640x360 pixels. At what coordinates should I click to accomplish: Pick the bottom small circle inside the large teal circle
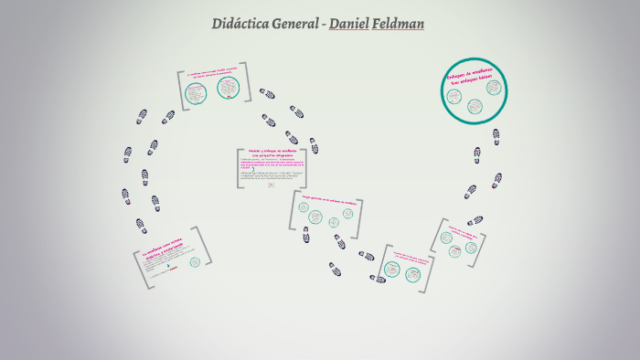[475, 106]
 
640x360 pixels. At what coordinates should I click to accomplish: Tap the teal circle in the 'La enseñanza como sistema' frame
[194, 263]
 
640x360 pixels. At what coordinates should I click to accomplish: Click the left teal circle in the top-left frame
[194, 92]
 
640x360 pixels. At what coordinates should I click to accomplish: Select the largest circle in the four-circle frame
[315, 217]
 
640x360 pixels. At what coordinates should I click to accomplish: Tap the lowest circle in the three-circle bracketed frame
[451, 249]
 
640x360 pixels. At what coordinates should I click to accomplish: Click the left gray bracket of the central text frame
[239, 168]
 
